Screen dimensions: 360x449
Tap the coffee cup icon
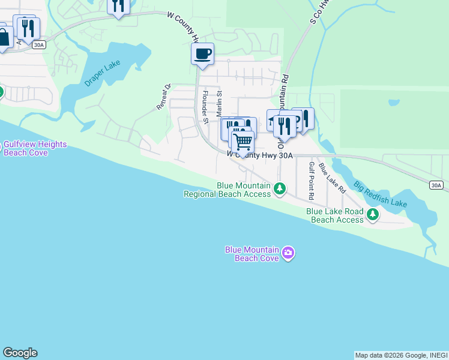[202, 54]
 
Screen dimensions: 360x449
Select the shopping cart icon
[243, 142]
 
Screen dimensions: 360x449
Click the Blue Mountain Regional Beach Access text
[227, 190]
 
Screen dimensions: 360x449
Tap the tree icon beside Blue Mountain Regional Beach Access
[279, 190]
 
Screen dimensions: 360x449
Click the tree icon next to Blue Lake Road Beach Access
[373, 214]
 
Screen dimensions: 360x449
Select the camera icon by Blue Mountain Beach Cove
[288, 252]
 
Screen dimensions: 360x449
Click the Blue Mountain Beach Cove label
[252, 254]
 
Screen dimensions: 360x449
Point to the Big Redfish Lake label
[380, 194]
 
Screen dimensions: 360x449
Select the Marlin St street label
[219, 103]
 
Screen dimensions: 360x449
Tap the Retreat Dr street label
[164, 96]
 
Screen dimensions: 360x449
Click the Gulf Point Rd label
[312, 181]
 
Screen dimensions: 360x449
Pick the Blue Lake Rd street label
[332, 178]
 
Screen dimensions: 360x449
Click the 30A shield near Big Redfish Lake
[436, 185]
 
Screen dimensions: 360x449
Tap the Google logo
[20, 353]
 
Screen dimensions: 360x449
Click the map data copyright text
[400, 355]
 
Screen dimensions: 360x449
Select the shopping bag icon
[4, 38]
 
